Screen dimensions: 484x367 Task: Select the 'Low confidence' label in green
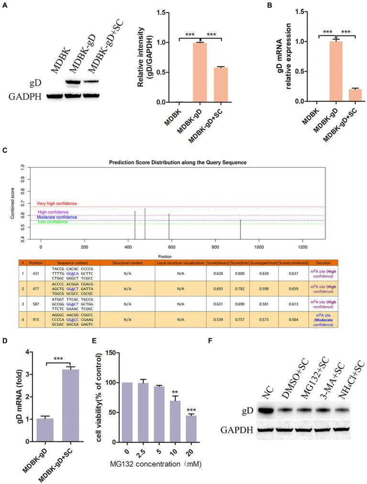pyautogui.click(x=52, y=222)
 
